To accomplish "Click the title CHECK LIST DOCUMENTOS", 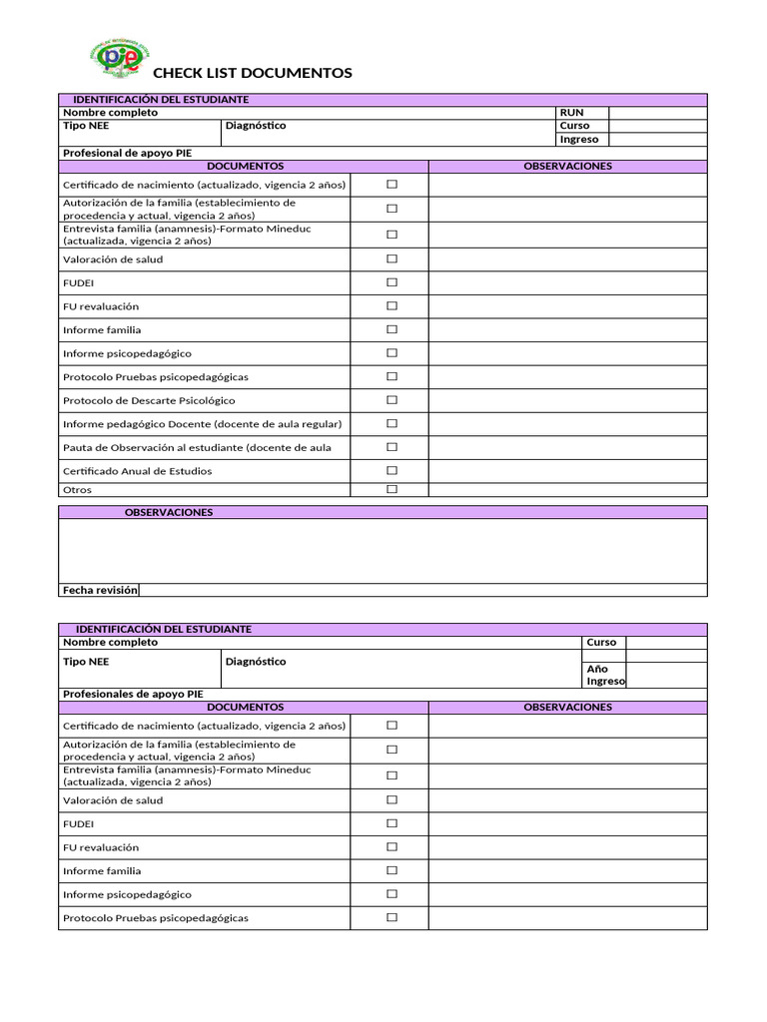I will coord(252,73).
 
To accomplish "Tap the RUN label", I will coord(571,113).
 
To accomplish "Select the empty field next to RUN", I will coord(657,113).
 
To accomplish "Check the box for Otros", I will coord(391,489).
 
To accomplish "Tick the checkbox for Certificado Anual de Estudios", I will coord(391,470).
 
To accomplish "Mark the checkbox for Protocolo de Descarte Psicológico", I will coord(391,400).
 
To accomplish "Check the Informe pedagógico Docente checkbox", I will coord(391,423).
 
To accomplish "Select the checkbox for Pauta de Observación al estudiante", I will coord(391,447).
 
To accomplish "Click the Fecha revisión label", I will coord(100,590).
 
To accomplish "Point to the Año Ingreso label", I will coord(604,675).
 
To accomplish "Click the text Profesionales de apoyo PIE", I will coord(133,694).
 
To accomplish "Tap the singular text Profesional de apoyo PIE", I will coord(127,153).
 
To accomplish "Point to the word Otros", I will coord(77,490).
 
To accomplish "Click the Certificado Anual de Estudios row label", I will coord(137,471).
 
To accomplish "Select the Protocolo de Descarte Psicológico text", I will coord(149,400).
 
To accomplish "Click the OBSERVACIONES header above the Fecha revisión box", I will coord(168,512).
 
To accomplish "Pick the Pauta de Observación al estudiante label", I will coord(197,447).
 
